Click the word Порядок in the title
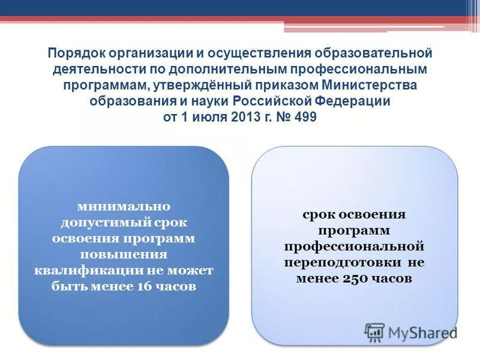(75, 53)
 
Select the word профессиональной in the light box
(354, 247)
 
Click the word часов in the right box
(392, 278)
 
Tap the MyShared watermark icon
(375, 332)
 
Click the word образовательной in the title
(375, 53)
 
